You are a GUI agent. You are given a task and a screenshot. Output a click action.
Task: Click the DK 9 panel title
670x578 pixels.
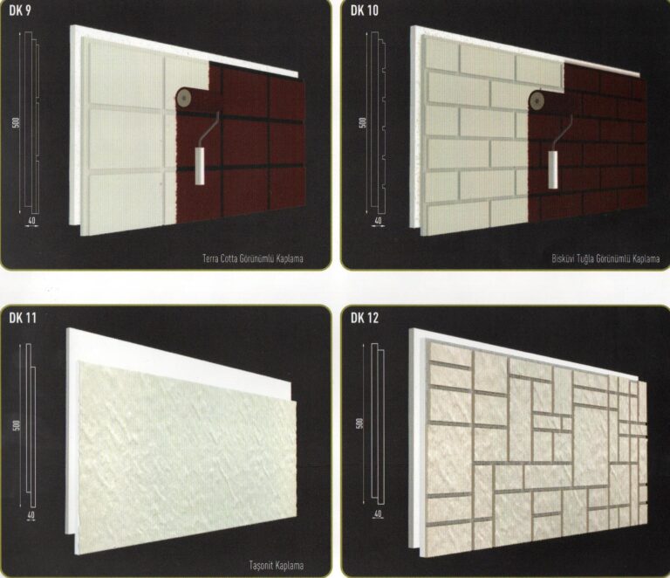[20, 10]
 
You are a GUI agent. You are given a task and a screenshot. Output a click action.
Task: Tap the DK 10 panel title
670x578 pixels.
[365, 10]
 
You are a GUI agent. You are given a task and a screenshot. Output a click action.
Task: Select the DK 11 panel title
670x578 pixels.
[23, 318]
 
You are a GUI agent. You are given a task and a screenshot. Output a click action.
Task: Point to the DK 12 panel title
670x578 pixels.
[365, 318]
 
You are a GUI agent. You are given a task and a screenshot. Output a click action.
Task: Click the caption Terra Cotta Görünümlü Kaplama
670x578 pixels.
[253, 258]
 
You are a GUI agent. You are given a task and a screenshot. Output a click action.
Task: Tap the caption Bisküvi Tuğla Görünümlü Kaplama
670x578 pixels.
[605, 258]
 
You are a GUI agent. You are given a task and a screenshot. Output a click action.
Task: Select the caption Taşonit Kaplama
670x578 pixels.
[277, 565]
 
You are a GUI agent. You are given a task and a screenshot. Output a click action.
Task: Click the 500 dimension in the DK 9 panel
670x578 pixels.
[17, 124]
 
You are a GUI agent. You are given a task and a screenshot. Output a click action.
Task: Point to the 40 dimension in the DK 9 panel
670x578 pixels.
[31, 221]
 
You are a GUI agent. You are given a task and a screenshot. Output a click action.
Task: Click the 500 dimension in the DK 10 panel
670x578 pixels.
[363, 123]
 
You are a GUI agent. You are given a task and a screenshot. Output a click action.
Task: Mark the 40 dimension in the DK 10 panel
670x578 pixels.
[378, 221]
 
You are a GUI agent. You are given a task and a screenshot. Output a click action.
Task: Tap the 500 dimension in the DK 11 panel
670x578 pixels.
[17, 426]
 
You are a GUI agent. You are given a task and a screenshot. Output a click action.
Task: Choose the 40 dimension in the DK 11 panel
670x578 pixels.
[31, 515]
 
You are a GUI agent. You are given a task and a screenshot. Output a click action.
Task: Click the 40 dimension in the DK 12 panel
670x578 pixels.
[377, 514]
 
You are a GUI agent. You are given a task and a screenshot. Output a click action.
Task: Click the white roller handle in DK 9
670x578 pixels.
[200, 166]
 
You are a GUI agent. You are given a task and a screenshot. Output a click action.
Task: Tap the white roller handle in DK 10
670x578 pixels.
[553, 169]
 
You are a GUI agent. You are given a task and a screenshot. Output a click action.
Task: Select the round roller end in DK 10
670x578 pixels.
[537, 100]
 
